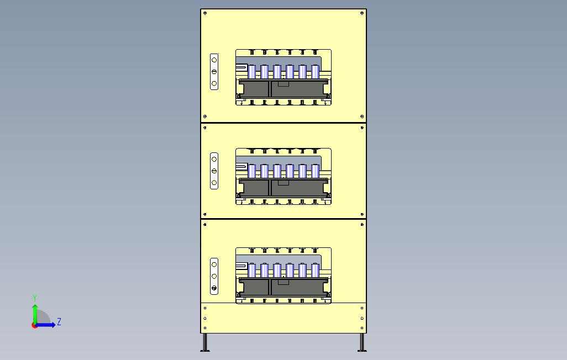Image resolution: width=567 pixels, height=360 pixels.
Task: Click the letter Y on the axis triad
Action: coord(35,298)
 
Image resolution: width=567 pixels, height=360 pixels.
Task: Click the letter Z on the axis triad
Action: coord(59,321)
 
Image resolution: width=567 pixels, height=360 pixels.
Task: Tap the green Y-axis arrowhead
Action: coord(35,306)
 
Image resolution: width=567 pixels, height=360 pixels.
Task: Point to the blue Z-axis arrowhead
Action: coord(53,325)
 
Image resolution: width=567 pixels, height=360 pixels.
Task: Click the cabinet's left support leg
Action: coord(206,342)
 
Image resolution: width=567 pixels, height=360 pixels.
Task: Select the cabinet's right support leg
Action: coord(361,342)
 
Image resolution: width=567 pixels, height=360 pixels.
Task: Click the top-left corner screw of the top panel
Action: coord(205,13)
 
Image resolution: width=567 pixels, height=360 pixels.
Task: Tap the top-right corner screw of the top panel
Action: coord(362,13)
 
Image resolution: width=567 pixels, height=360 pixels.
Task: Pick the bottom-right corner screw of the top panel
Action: coord(362,117)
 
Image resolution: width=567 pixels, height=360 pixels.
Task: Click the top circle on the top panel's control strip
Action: coord(214,60)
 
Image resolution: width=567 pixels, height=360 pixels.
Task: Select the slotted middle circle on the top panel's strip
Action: coord(214,72)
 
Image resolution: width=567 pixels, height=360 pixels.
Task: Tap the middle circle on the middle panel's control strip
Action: coord(214,171)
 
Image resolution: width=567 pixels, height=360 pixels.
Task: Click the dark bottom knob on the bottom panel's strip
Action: coord(214,288)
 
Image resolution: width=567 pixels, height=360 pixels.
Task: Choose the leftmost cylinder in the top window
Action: coord(252,72)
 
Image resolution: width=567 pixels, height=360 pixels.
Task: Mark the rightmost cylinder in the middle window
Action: coord(315,171)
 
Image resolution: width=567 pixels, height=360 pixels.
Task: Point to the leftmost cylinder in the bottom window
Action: coord(252,271)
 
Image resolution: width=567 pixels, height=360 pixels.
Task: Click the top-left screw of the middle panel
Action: coord(205,128)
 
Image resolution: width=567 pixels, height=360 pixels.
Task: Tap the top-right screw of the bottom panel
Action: coord(362,225)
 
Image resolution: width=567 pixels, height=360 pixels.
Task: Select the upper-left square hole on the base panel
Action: coord(205,308)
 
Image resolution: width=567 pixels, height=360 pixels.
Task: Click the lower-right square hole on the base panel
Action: coord(362,328)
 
